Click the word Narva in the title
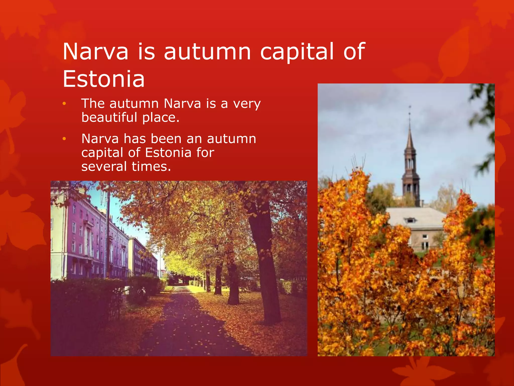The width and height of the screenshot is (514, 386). (x=95, y=52)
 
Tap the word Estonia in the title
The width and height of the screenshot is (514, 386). (x=104, y=79)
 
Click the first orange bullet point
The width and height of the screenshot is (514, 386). (x=64, y=104)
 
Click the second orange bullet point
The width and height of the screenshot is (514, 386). (x=64, y=139)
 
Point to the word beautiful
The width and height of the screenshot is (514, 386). (x=109, y=118)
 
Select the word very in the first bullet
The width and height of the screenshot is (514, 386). (x=247, y=104)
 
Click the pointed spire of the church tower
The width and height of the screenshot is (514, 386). (x=410, y=136)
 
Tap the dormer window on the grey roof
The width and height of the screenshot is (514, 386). (x=410, y=220)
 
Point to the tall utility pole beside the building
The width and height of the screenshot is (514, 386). (x=108, y=234)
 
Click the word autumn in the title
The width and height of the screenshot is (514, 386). (x=207, y=52)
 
